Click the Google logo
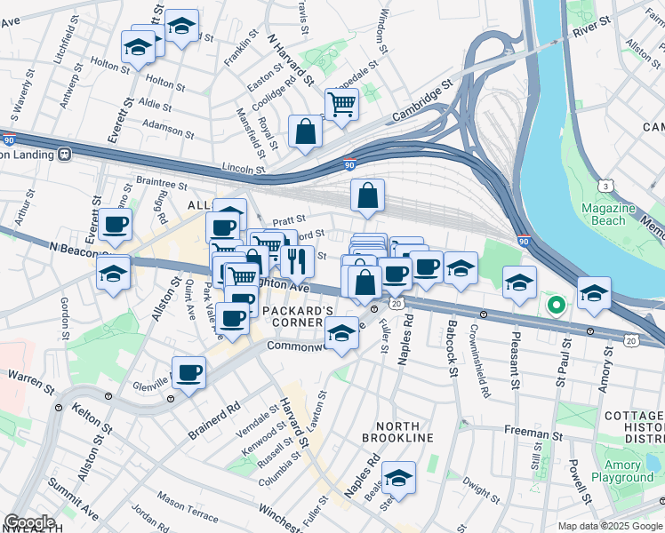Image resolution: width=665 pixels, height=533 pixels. click(29, 522)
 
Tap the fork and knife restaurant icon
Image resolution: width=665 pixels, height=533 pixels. click(296, 260)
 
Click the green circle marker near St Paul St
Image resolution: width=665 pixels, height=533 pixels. click(557, 306)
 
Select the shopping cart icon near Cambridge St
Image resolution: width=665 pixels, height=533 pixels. click(341, 104)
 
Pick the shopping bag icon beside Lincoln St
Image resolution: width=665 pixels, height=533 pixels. click(305, 131)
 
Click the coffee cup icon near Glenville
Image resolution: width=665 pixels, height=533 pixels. click(188, 372)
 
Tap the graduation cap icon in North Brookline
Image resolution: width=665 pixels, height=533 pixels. click(399, 477)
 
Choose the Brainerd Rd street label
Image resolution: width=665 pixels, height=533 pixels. click(214, 418)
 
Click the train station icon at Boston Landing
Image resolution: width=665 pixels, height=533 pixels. click(65, 155)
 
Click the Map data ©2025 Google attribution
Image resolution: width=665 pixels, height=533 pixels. click(609, 526)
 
